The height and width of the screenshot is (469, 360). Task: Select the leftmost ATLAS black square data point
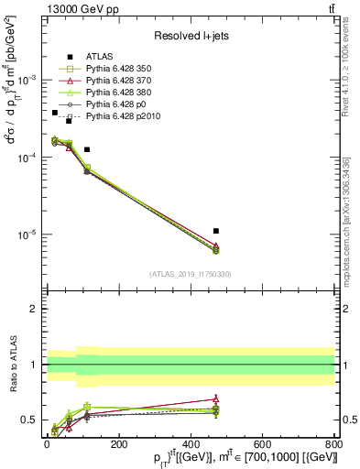[54, 113]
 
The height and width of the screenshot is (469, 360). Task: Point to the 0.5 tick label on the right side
[348, 420]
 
